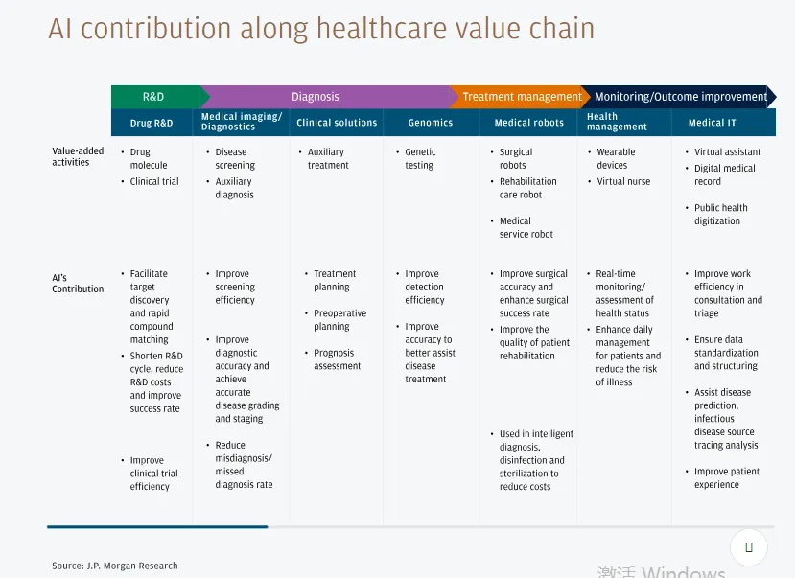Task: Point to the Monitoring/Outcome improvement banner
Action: [678, 97]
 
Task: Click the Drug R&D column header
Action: [152, 123]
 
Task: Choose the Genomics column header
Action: [431, 123]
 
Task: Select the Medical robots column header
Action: [528, 123]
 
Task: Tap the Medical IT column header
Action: [712, 123]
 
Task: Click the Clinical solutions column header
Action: [337, 123]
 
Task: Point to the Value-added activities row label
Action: [78, 156]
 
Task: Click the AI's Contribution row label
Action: [78, 283]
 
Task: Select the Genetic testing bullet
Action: [416, 158]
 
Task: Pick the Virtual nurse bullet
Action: [620, 181]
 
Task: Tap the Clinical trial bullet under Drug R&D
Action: [150, 181]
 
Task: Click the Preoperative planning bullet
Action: [336, 319]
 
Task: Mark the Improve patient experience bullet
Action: [722, 477]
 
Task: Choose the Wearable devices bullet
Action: [612, 158]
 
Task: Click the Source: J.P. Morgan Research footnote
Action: [114, 566]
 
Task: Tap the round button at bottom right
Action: [749, 547]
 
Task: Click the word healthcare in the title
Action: [382, 29]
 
